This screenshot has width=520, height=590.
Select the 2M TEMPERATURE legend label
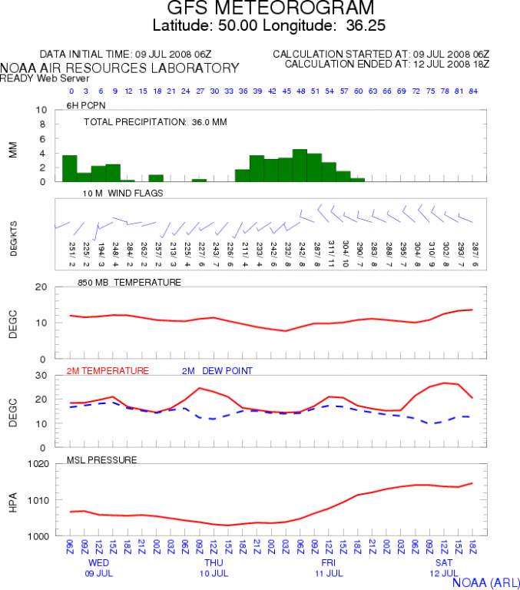pos(108,370)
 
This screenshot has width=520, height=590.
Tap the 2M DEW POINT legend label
pos(217,370)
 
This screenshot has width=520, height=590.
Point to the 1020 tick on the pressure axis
pos(38,464)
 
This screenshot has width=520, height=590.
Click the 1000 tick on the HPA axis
pos(38,535)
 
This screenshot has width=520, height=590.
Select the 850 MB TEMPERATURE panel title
pos(129,282)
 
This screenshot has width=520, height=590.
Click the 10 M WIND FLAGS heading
pos(124,193)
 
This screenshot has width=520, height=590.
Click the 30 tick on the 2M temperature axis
pos(43,375)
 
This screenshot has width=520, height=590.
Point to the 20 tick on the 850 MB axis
pos(43,287)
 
